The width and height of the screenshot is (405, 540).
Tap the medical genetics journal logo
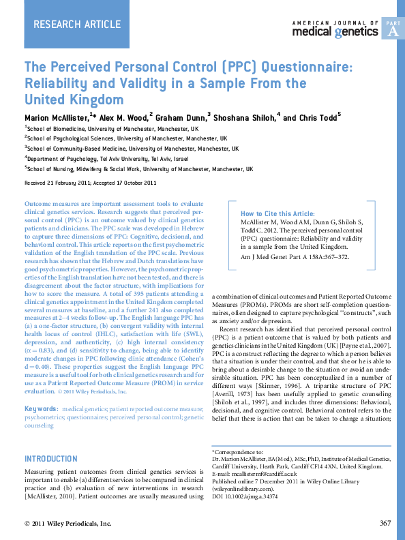click(x=335, y=29)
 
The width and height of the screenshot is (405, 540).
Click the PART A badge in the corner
click(x=392, y=29)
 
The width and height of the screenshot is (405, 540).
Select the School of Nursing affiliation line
click(x=139, y=169)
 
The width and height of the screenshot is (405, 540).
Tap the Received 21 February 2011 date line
click(x=90, y=183)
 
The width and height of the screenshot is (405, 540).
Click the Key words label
click(x=42, y=409)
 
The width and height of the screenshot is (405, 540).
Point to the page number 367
click(x=385, y=523)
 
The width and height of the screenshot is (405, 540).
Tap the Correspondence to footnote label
click(x=237, y=451)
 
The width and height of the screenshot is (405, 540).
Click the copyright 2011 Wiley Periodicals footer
click(x=67, y=523)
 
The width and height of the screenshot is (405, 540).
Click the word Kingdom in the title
click(x=97, y=99)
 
